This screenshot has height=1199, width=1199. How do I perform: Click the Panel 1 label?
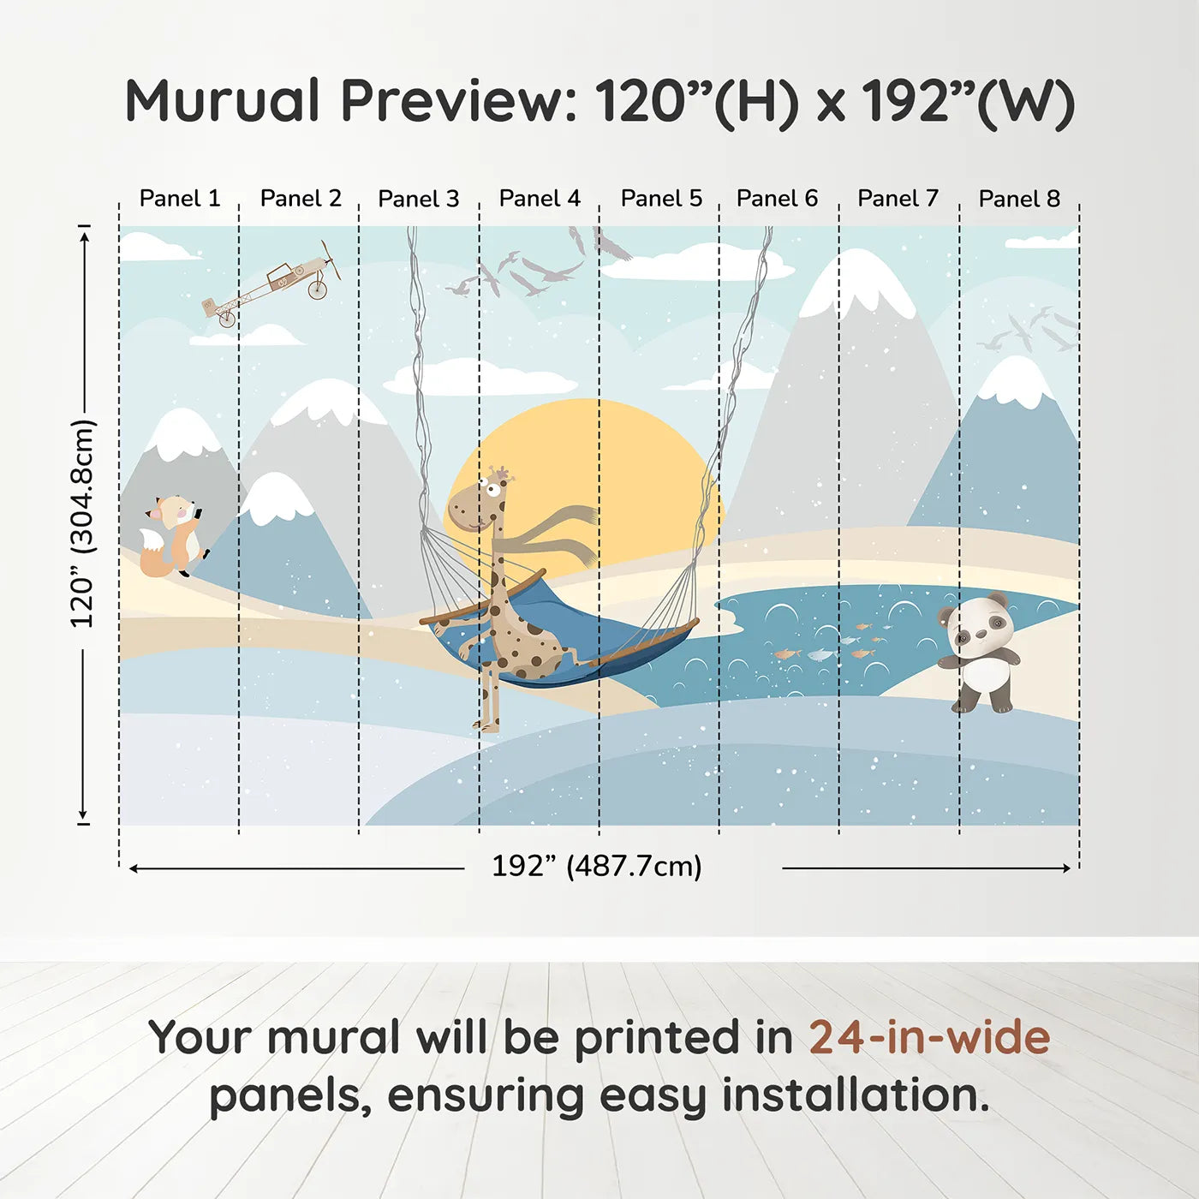[180, 199]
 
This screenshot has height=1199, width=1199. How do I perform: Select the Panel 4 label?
[540, 199]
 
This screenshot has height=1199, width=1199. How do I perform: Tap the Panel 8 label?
[1019, 199]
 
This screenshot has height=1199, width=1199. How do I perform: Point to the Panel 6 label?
[777, 199]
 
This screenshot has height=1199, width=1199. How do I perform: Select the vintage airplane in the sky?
[271, 283]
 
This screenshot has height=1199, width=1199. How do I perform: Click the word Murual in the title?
[222, 101]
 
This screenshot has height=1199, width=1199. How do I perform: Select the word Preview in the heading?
[461, 102]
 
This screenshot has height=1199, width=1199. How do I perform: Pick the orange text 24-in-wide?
[929, 1037]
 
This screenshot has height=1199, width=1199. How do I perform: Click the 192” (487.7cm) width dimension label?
[597, 866]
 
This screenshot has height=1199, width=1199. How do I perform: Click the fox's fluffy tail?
[153, 552]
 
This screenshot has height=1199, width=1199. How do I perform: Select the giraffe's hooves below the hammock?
[489, 723]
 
